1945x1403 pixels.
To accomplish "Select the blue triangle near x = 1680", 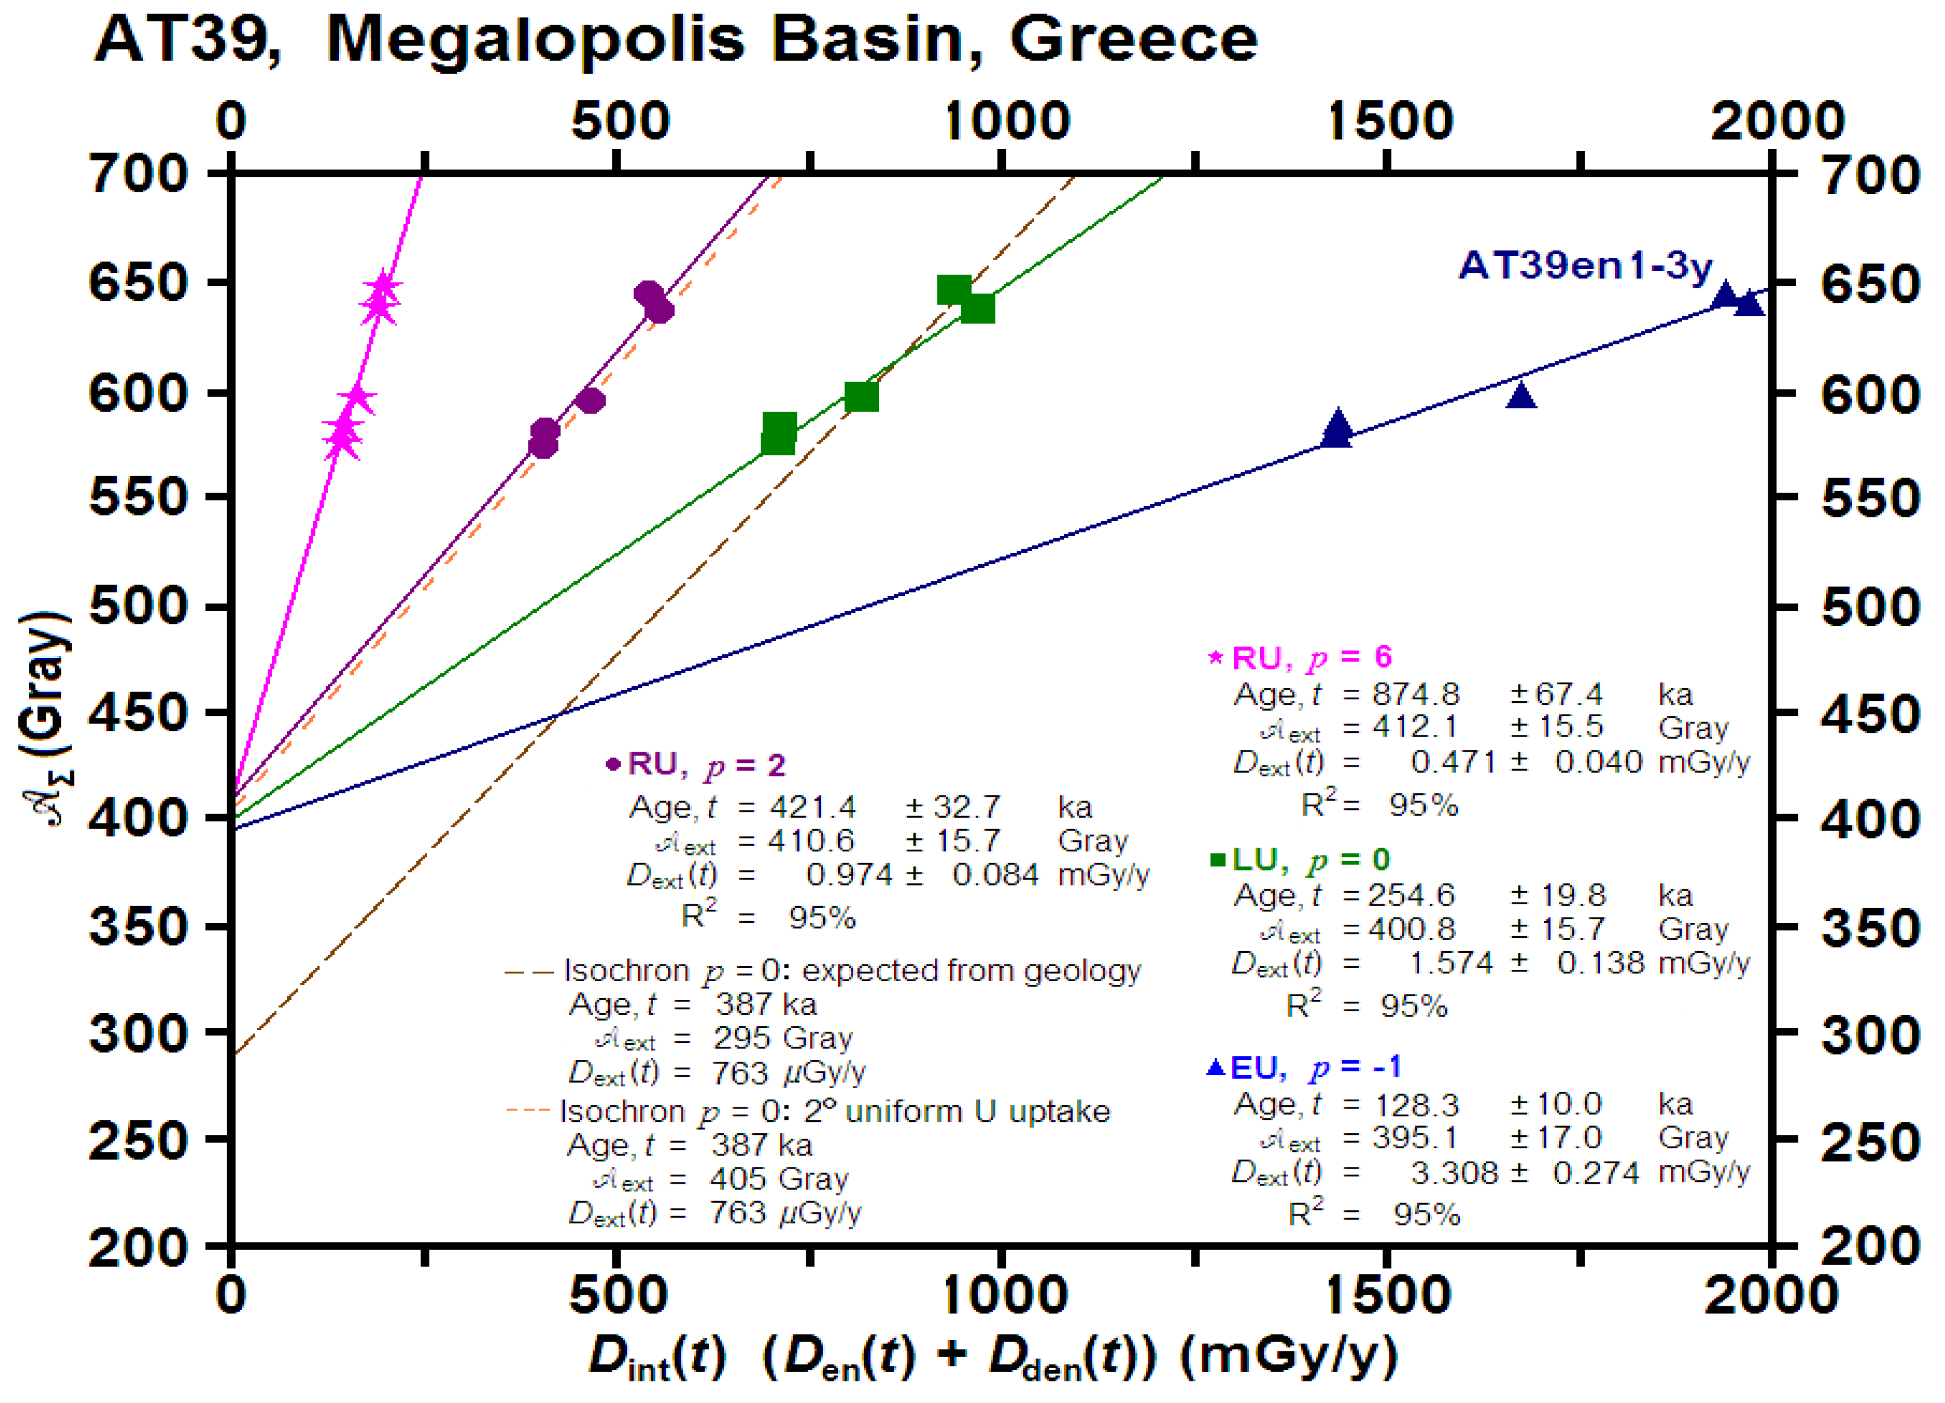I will (x=1521, y=396).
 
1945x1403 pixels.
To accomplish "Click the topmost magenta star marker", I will (x=383, y=287).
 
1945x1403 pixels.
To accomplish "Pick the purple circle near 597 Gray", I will (x=591, y=401).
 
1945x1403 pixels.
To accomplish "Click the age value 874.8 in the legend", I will (x=1415, y=694).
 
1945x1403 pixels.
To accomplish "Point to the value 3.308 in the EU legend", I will (x=1453, y=1172).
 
